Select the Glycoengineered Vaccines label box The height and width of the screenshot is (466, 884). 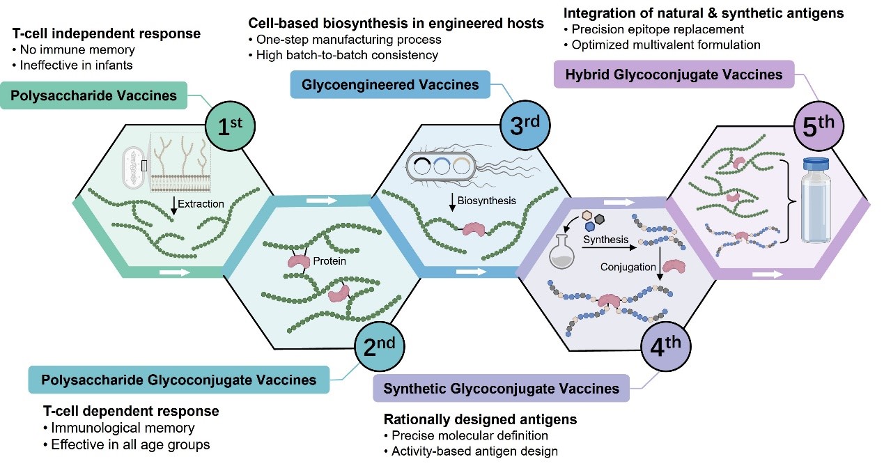pos(390,85)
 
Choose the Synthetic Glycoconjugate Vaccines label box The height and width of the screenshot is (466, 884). pos(501,388)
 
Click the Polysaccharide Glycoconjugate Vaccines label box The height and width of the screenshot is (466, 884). pos(178,380)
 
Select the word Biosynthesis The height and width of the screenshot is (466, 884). pos(487,201)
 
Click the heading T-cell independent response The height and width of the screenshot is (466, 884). pos(107,33)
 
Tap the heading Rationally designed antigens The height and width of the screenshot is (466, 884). pos(480,420)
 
